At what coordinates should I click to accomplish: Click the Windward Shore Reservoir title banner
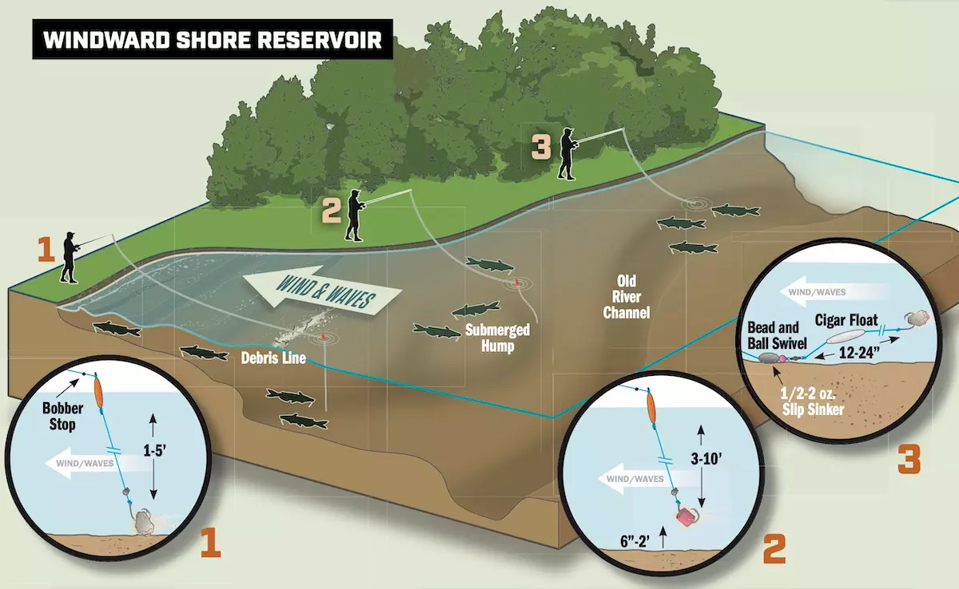pos(213,39)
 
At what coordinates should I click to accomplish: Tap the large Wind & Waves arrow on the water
pos(322,291)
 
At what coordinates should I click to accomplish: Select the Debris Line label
pos(273,358)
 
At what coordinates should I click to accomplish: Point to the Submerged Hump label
pos(497,338)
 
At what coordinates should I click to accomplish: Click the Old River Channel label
pos(627,297)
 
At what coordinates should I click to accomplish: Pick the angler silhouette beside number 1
pos(70,257)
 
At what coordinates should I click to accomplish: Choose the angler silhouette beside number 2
pos(355,215)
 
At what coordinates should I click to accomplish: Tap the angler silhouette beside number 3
pos(567,153)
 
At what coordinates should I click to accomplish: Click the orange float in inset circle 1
pos(98,390)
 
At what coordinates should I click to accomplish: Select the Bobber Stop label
pos(62,417)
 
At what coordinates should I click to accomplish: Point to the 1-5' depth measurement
pos(154,450)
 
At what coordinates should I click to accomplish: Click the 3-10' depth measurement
pos(706,459)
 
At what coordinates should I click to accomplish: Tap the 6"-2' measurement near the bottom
pos(635,542)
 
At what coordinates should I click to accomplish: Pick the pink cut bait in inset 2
pos(686,516)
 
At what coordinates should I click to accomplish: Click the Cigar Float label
pos(846,320)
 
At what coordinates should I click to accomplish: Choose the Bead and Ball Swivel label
pos(777,335)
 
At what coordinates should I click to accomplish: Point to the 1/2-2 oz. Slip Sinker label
pos(813,401)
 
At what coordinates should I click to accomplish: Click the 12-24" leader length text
pos(859,353)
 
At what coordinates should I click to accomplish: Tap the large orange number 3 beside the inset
pos(909,461)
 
